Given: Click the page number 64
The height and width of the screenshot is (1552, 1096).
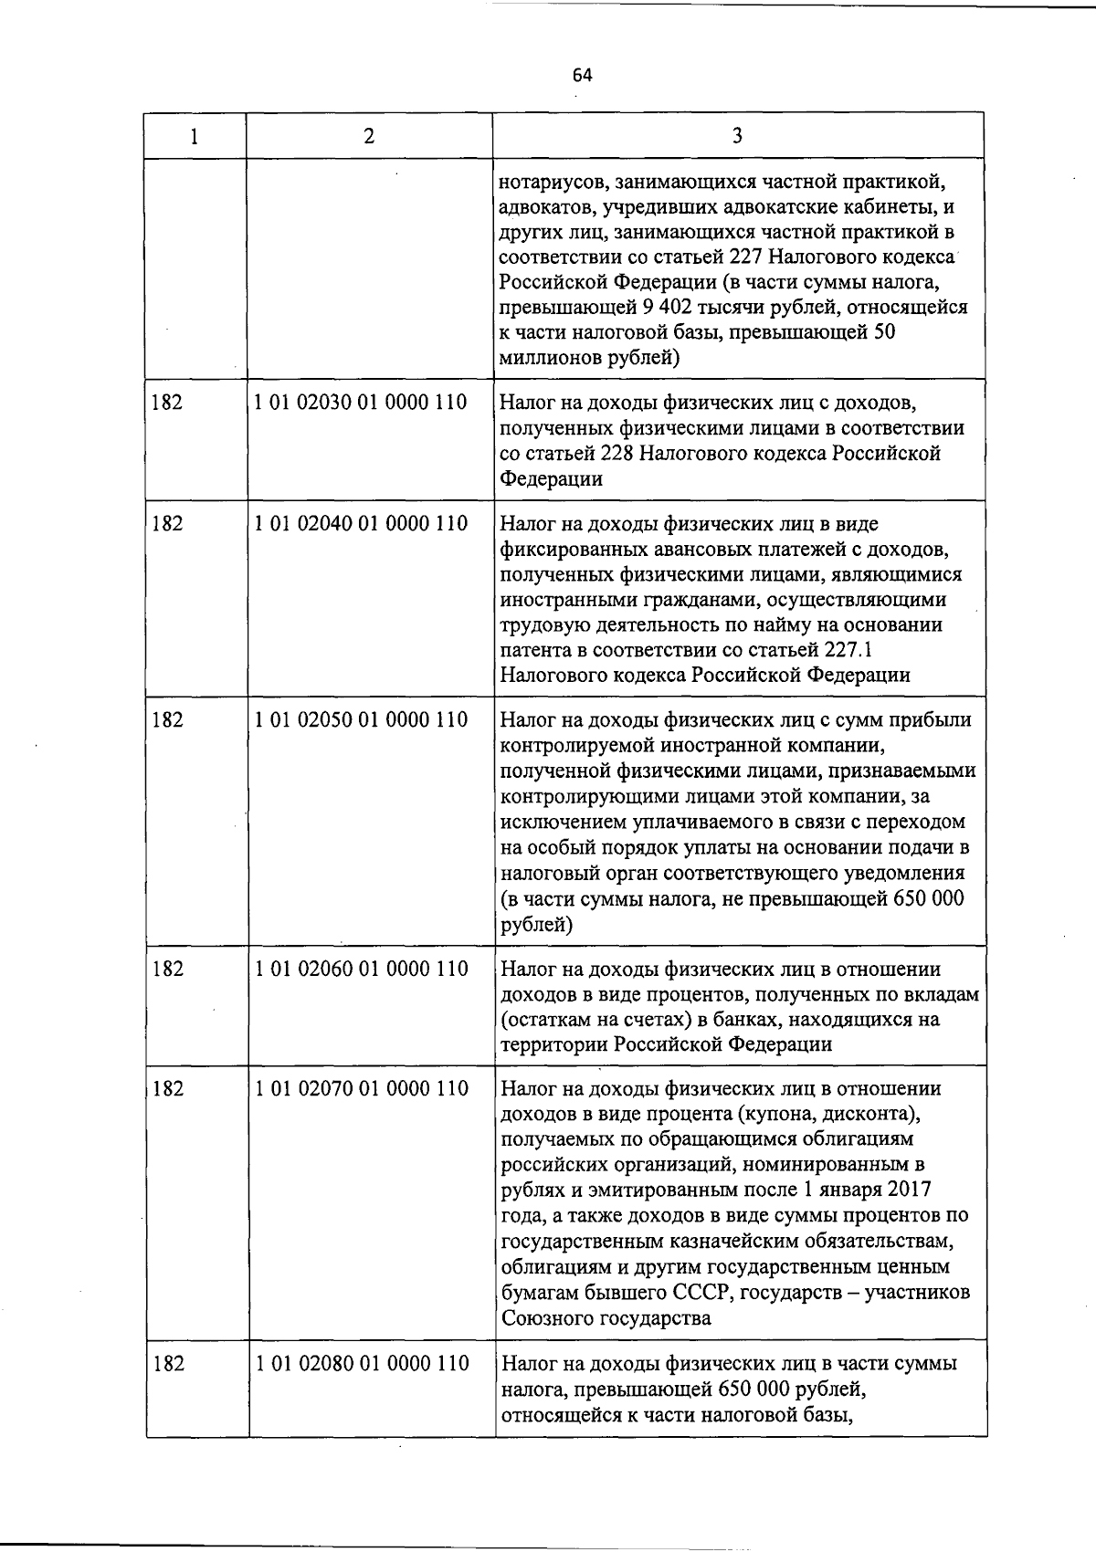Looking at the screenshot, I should click(583, 76).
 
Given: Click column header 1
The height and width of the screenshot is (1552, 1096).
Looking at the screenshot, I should click(195, 136).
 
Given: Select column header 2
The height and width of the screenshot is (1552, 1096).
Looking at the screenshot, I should click(368, 136).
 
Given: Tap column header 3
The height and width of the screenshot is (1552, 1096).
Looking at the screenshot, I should click(737, 136).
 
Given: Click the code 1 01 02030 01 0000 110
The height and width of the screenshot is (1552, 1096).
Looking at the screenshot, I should click(362, 403).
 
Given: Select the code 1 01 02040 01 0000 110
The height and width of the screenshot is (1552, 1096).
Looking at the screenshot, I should click(362, 524).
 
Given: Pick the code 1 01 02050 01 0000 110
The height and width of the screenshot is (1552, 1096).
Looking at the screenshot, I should click(362, 720).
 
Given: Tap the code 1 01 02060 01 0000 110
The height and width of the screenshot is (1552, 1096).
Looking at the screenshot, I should click(362, 969).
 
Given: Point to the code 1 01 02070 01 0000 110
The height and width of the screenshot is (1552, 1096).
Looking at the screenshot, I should click(362, 1088).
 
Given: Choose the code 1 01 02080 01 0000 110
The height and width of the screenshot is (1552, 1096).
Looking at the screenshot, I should click(362, 1364).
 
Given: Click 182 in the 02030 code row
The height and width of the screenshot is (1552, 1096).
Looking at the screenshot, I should click(168, 403).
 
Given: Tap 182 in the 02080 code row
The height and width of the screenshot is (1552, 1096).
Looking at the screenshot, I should click(168, 1364).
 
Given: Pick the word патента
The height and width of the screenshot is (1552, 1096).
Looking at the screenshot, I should click(535, 650).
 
